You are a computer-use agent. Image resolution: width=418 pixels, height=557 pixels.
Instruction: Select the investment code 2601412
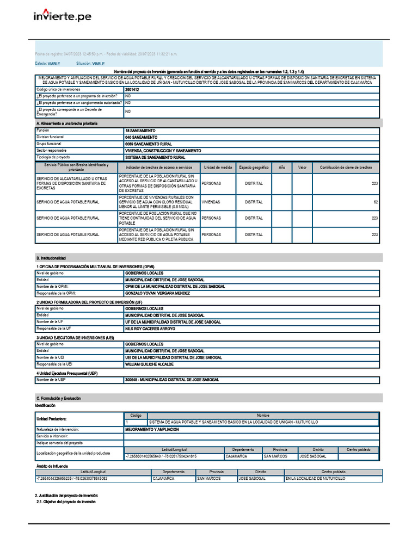132,89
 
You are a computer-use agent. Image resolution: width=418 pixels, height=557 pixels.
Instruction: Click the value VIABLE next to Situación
99,64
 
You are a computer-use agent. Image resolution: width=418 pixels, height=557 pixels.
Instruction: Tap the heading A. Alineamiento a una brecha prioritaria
66,124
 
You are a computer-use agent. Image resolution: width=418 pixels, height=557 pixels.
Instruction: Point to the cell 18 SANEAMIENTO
140,131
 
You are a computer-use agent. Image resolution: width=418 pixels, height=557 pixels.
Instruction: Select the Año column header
281,168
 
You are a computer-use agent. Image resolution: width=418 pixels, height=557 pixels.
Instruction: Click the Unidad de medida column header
218,168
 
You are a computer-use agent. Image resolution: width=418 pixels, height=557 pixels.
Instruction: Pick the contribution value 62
375,202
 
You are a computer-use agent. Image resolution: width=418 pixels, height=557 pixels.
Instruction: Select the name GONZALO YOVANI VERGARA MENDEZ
157,293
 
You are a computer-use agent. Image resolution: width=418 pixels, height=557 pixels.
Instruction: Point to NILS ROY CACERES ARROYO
150,329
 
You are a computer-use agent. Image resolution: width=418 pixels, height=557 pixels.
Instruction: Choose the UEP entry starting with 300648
172,380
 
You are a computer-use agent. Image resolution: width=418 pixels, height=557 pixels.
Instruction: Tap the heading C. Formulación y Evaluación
58,398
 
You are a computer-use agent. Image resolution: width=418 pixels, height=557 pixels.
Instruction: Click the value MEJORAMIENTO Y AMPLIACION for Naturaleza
152,429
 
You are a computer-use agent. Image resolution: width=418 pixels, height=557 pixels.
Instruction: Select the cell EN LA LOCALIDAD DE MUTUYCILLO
315,479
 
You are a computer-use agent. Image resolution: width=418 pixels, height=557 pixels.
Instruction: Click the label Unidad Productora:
51,419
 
